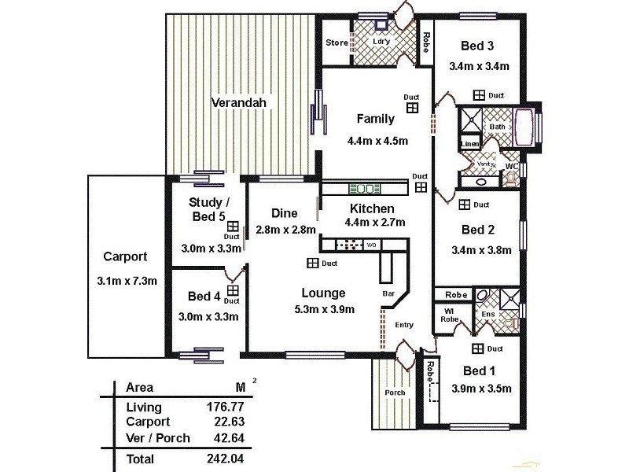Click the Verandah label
239,102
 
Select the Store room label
337,42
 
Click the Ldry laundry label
382,42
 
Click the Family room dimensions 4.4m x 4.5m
377,142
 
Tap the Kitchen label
372,208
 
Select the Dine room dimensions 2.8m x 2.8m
285,230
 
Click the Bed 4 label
204,297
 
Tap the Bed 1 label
479,371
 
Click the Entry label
403,324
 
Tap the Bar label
388,294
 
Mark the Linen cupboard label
469,144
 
